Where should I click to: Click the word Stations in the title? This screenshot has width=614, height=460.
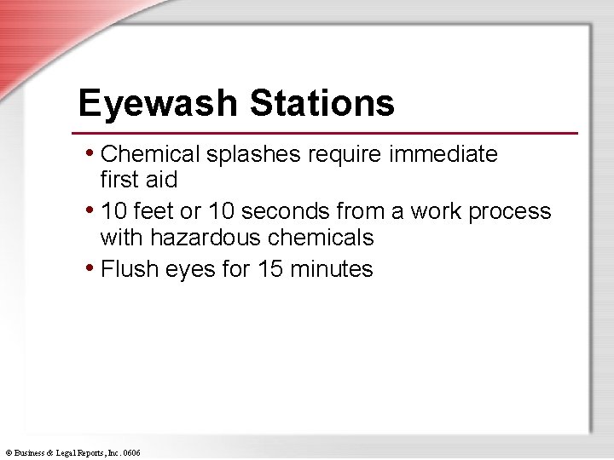321,104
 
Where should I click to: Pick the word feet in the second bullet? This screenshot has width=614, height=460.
153,211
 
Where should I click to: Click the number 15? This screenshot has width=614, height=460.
270,269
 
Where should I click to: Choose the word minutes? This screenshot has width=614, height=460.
332,269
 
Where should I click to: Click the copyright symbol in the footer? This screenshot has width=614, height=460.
8,453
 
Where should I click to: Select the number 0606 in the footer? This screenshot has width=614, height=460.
131,453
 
